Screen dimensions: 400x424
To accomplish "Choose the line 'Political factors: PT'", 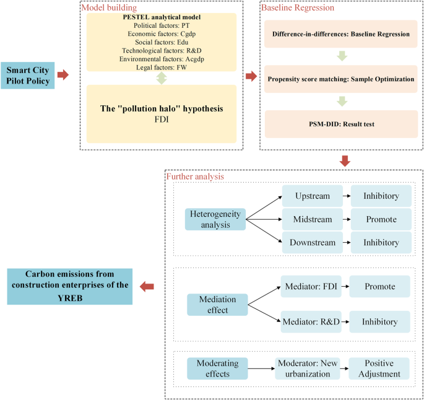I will coord(162,24).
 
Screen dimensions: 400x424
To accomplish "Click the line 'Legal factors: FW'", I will coord(162,67).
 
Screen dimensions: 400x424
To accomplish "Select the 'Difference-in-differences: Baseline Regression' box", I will coord(340,34).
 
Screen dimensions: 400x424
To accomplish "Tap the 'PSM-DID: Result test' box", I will coord(340,124).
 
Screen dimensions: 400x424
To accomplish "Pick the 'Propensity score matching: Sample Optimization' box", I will coord(340,79).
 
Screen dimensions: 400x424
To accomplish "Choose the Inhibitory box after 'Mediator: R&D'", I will coord(379,321).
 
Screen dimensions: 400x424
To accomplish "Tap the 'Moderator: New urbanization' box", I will coord(307,369).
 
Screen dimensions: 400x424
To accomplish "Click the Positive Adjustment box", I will coord(379,369).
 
